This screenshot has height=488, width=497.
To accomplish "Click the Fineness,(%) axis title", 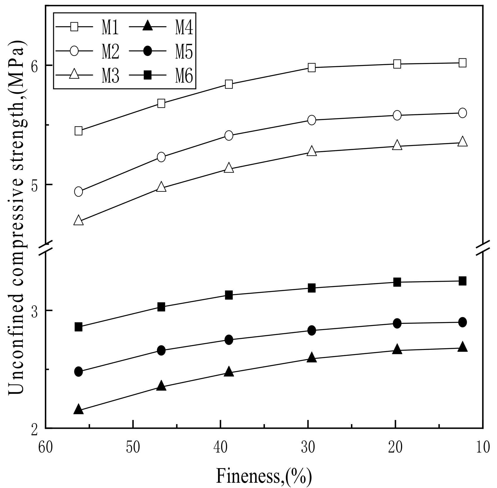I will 264,475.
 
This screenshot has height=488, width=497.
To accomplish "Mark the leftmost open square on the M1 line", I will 78,131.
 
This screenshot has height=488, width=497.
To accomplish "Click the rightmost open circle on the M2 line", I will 462,113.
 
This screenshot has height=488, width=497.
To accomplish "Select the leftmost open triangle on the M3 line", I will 78,220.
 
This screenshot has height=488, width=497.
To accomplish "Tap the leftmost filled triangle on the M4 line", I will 78,409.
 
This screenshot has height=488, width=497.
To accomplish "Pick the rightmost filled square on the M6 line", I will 462,281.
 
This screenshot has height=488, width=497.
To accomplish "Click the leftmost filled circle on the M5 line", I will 78,372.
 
